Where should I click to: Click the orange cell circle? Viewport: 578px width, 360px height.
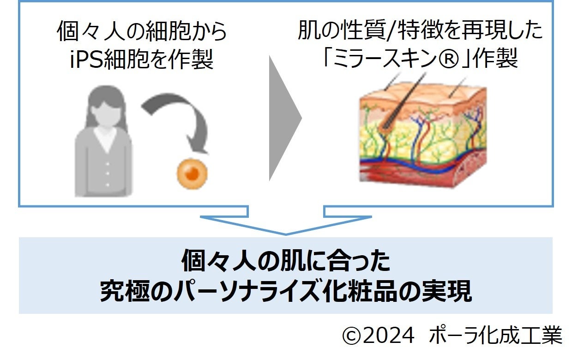192,174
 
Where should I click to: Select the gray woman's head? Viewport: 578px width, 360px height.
107,104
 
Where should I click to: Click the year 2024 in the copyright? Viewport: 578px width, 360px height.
389,336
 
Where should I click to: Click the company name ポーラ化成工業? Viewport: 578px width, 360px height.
496,336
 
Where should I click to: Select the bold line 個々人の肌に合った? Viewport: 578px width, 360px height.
286,262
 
